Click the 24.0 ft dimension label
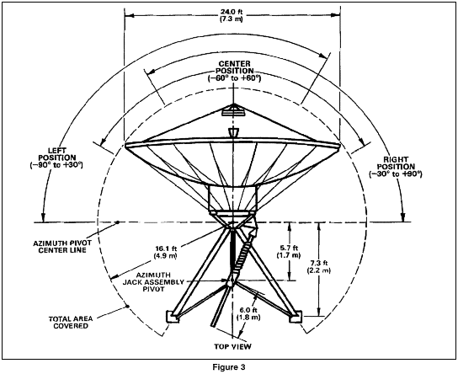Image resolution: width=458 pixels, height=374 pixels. (x=232, y=16)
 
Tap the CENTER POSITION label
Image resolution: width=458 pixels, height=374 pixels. (x=234, y=71)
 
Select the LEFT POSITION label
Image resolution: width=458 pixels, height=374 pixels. (x=56, y=158)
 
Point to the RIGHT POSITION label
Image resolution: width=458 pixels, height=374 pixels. (x=396, y=167)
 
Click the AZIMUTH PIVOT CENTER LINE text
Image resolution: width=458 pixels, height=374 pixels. (x=62, y=247)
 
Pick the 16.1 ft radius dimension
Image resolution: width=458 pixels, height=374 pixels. (x=166, y=252)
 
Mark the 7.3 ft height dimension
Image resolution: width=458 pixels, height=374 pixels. (x=319, y=267)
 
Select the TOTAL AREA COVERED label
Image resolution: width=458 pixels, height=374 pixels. (x=71, y=323)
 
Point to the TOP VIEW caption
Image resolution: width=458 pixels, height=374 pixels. (x=232, y=346)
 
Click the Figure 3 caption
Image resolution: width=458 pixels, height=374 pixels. (x=229, y=367)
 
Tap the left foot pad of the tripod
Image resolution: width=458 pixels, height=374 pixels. (x=173, y=317)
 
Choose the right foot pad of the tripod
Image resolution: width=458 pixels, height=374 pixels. (x=296, y=317)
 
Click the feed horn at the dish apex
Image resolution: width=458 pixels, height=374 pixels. (x=234, y=111)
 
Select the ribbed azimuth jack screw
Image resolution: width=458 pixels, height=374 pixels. (x=243, y=253)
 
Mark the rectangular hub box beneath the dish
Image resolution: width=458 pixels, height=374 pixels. (x=233, y=198)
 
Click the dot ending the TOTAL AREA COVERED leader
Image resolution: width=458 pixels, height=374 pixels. (x=127, y=307)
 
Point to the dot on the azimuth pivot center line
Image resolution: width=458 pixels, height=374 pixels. (x=118, y=222)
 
